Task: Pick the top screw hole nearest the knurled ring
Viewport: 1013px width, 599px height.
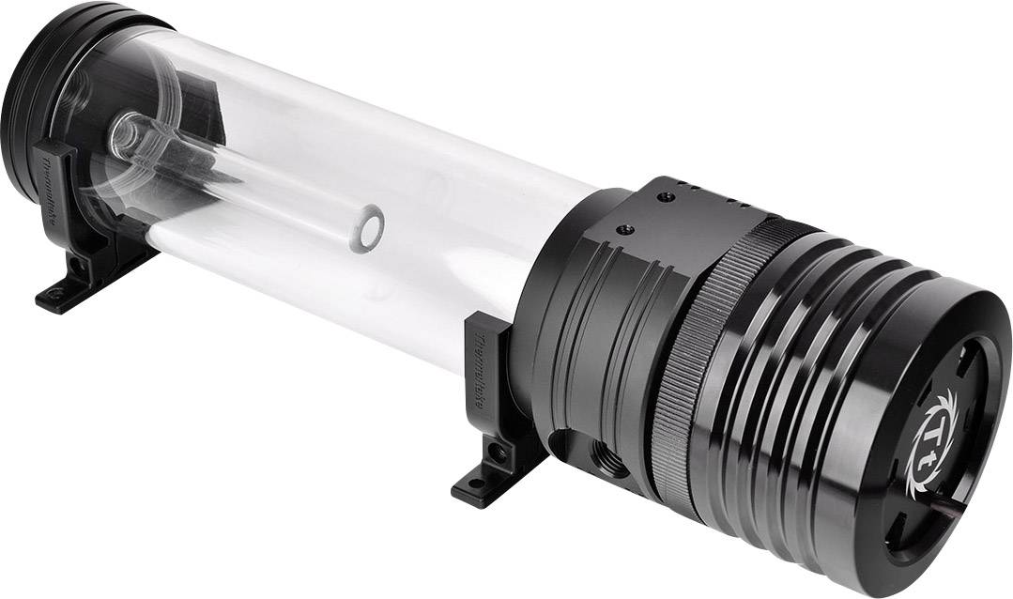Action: point(666,196)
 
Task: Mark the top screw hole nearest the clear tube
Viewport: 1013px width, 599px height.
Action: point(622,227)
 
